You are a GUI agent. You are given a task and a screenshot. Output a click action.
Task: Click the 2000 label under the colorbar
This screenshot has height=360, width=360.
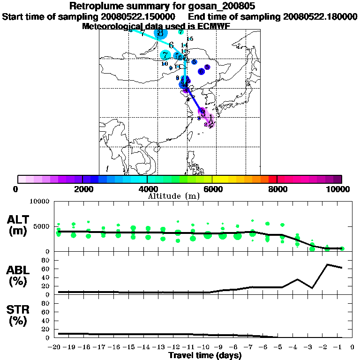(82, 189)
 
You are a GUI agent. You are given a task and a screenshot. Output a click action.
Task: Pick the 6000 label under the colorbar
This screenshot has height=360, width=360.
(212, 189)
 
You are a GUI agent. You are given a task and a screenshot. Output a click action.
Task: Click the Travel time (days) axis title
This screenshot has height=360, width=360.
(205, 355)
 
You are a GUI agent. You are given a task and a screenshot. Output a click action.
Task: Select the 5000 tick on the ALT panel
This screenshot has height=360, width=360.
(42, 226)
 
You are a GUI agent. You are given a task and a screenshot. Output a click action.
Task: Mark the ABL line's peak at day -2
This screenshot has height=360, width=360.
(327, 264)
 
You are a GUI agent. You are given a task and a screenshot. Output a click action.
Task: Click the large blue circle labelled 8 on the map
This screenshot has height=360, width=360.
(161, 33)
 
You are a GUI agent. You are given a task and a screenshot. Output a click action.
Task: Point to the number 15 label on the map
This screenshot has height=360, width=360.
(190, 39)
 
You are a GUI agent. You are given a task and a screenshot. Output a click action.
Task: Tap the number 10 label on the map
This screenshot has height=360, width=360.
(165, 64)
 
